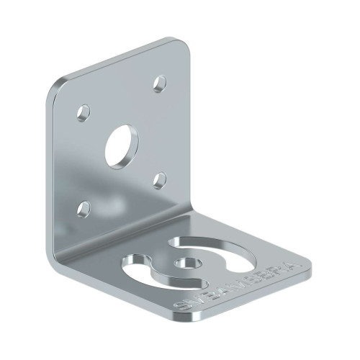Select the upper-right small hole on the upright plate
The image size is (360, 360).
click(x=159, y=84)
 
